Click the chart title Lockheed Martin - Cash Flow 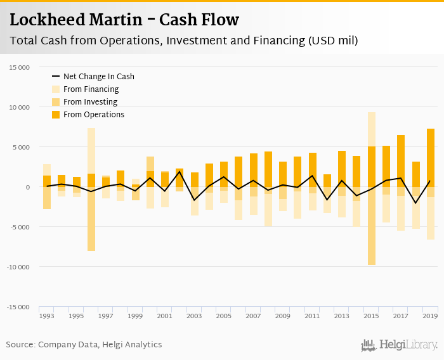[124, 20]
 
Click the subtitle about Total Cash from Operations [184, 41]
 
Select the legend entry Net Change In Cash [98, 77]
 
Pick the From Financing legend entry [91, 89]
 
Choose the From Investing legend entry [90, 102]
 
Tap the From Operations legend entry [93, 115]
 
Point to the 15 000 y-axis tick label [19, 67]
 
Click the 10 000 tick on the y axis [19, 107]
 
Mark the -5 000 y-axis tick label [19, 227]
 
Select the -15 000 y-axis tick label [18, 307]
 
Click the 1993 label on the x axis [47, 316]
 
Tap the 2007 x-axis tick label [253, 316]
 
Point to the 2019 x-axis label [430, 316]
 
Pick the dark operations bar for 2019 [430, 158]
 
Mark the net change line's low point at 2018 [415, 203]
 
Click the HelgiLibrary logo [399, 345]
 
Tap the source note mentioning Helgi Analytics [84, 345]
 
